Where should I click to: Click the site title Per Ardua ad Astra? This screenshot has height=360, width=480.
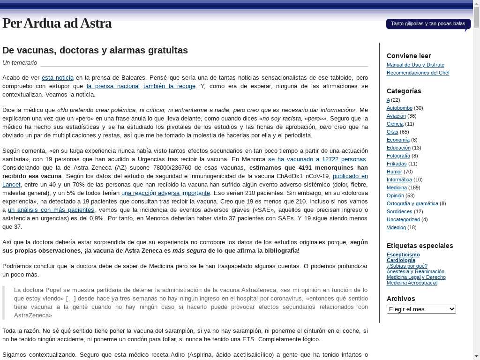pyautogui.click(x=57, y=23)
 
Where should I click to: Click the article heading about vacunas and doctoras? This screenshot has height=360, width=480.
pyautogui.click(x=95, y=50)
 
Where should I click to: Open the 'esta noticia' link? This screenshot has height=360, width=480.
pyautogui.click(x=58, y=78)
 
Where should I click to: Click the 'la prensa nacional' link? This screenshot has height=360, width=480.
pyautogui.click(x=113, y=86)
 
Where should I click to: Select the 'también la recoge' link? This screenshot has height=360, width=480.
pyautogui.click(x=169, y=86)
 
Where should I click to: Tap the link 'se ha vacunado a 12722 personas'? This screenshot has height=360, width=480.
pyautogui.click(x=317, y=159)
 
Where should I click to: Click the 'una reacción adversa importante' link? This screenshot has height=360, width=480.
pyautogui.click(x=165, y=193)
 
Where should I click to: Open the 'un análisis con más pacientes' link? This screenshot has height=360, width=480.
pyautogui.click(x=51, y=210)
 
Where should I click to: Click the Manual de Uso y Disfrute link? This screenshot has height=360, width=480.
pyautogui.click(x=415, y=65)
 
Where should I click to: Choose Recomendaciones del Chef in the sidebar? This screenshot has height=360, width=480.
pyautogui.click(x=418, y=73)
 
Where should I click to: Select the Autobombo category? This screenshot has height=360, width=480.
pyautogui.click(x=399, y=108)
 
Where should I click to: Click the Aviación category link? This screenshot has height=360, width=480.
pyautogui.click(x=396, y=116)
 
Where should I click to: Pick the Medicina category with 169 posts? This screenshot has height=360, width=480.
pyautogui.click(x=396, y=188)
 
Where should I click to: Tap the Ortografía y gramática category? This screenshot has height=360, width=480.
pyautogui.click(x=412, y=204)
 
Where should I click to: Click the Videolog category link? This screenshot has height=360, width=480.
pyautogui.click(x=396, y=228)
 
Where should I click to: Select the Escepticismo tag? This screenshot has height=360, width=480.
pyautogui.click(x=403, y=255)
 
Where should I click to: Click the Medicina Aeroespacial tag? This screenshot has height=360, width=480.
pyautogui.click(x=412, y=283)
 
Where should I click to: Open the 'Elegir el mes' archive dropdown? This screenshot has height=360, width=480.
pyautogui.click(x=421, y=309)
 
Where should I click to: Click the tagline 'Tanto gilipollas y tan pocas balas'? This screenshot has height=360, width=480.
pyautogui.click(x=427, y=24)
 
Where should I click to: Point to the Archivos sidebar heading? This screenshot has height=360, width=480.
pyautogui.click(x=401, y=299)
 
